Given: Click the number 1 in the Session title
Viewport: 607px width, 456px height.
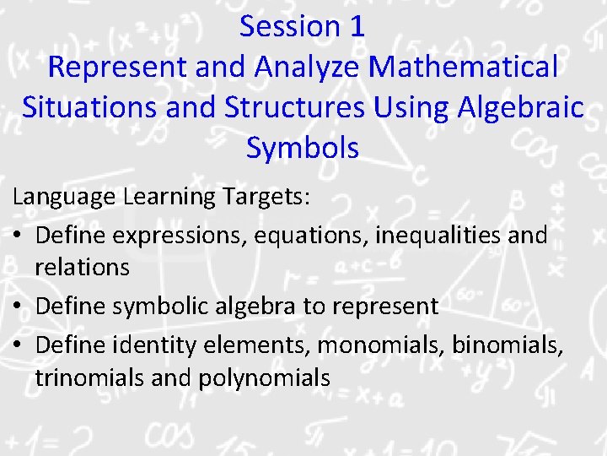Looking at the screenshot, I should coord(356,26).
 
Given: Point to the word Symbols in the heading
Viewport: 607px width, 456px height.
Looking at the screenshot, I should coord(303,148).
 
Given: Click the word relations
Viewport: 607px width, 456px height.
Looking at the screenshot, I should coord(83,268).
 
